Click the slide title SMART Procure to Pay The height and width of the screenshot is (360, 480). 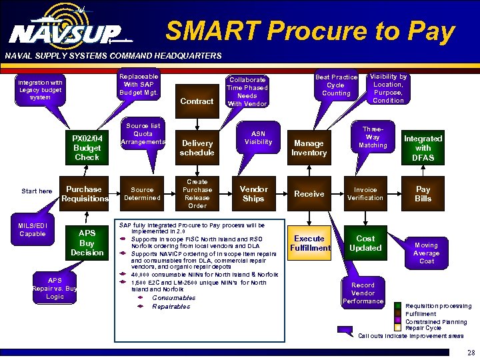coord(310,31)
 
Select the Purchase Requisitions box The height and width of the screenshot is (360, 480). coord(85,194)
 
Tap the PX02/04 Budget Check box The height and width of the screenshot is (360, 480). coord(87,148)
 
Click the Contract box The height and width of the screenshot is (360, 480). coord(197,101)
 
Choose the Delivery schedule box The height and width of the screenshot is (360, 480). coord(197,148)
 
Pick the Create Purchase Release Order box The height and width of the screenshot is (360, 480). coord(197,194)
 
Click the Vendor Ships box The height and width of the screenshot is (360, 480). coord(253,194)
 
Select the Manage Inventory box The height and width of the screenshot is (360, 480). coord(309,148)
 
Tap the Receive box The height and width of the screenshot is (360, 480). coord(309,194)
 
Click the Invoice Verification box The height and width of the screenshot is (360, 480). coord(365,194)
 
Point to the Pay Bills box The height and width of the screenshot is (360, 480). coord(423,194)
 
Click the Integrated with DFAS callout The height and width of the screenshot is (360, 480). coord(423,148)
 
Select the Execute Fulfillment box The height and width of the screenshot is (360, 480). coord(309,243)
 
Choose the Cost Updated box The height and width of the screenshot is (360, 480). coord(365,243)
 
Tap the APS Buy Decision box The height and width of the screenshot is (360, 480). coord(87,243)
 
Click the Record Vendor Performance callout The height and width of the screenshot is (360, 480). coord(363,293)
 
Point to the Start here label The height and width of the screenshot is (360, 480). coord(37,191)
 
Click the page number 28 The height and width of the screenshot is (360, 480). coord(471,353)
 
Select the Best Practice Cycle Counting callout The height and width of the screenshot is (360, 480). coord(336,85)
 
